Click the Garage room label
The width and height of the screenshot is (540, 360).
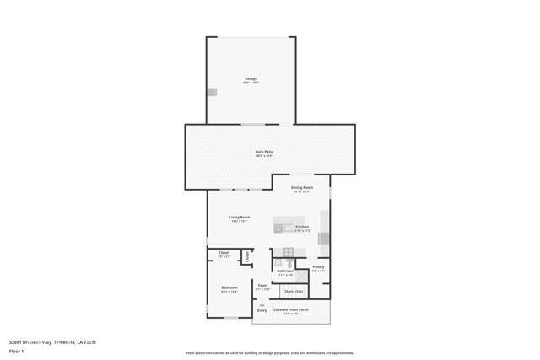tap(251, 78)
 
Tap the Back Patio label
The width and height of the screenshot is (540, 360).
tap(264, 152)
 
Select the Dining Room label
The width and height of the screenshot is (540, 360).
tap(302, 187)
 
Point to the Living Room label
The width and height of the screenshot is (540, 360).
tap(240, 218)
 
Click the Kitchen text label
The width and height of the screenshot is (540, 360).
tap(302, 227)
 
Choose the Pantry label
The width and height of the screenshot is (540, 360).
tap(318, 267)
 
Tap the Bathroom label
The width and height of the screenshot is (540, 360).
tap(285, 271)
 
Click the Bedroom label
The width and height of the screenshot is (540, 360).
tap(229, 288)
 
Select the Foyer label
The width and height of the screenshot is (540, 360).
tap(262, 286)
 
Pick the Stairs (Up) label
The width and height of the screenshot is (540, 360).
tap(293, 291)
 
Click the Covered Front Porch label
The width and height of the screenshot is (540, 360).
tap(291, 309)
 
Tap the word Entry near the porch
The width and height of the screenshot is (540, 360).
tap(262, 311)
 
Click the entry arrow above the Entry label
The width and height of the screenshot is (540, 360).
tap(262, 304)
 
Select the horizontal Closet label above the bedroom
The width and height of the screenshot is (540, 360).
tap(224, 253)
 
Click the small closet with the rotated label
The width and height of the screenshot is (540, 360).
tap(247, 255)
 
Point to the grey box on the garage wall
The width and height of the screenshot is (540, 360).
tap(212, 91)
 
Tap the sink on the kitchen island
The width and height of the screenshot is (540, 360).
tap(289, 227)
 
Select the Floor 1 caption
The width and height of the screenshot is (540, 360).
tap(17, 352)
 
